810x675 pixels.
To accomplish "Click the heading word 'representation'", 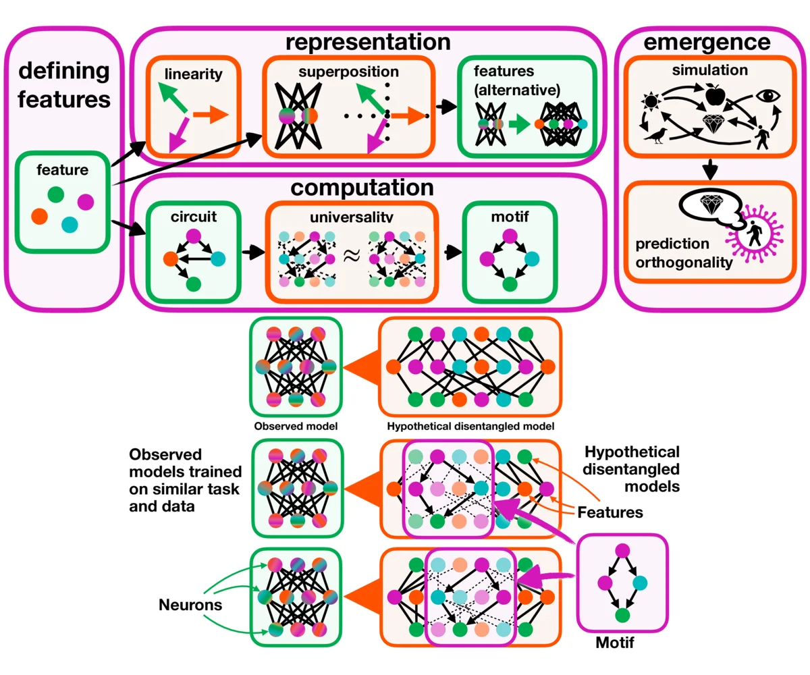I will click(368, 42).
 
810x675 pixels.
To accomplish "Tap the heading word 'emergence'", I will click(706, 43).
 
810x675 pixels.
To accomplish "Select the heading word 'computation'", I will click(368, 187).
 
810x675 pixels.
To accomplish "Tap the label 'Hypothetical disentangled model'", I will click(471, 427).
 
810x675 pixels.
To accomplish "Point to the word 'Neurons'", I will click(190, 605).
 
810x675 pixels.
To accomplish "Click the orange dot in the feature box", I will click(40, 216).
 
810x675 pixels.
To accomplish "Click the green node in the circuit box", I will click(194, 283).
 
